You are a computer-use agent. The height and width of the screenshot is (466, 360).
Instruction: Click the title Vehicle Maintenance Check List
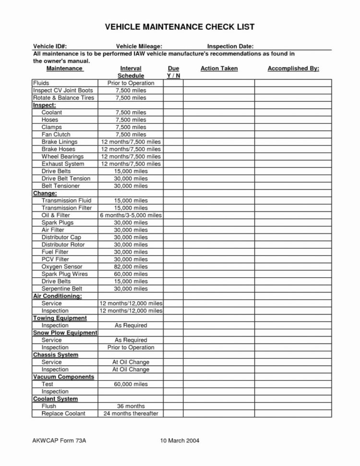coord(180,27)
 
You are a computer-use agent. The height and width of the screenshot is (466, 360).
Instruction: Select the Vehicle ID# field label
coord(49,46)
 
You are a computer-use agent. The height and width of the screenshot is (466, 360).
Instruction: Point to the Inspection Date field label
coord(230,46)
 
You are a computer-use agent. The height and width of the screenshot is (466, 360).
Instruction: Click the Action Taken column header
coord(219,69)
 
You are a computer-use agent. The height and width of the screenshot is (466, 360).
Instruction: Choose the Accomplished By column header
coord(293,69)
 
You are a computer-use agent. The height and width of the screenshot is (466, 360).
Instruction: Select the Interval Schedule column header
coord(131,72)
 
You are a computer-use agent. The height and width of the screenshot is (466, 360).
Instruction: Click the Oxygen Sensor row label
coord(62,267)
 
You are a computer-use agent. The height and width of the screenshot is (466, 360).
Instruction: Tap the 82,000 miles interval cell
coord(131,267)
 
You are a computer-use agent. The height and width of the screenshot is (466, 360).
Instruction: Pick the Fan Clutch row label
coord(56,135)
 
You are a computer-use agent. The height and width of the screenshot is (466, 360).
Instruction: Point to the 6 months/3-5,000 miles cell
coord(131,215)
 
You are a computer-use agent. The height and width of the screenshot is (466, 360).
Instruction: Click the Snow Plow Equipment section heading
coord(65,332)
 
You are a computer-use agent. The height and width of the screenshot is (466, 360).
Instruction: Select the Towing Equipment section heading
coord(60,318)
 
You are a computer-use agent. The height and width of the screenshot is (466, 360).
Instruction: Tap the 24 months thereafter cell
coord(131,414)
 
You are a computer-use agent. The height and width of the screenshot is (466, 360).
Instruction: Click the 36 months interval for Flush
coord(131,406)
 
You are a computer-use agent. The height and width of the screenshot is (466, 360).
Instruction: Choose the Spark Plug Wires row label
coord(64,274)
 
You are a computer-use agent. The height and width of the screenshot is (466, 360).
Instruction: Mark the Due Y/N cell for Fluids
coord(173,83)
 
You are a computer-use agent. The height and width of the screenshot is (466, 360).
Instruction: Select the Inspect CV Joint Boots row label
coord(63,90)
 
